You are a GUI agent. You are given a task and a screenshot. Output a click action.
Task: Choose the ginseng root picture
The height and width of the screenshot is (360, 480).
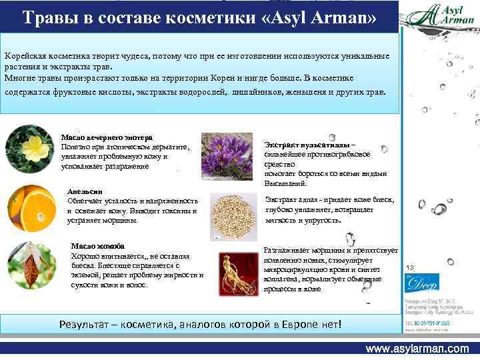click(x=235, y=273)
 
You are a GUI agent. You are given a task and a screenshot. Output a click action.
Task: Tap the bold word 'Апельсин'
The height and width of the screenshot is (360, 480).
click(x=85, y=190)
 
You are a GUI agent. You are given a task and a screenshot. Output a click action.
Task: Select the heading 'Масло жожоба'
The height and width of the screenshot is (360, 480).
click(x=97, y=246)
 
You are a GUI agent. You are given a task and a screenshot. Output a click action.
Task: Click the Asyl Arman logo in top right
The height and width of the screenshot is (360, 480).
click(x=440, y=16)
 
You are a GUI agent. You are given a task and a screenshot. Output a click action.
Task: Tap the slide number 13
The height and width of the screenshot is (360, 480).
click(x=409, y=267)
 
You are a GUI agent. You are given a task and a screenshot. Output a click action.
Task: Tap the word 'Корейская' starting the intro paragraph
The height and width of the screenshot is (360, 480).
click(x=25, y=57)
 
